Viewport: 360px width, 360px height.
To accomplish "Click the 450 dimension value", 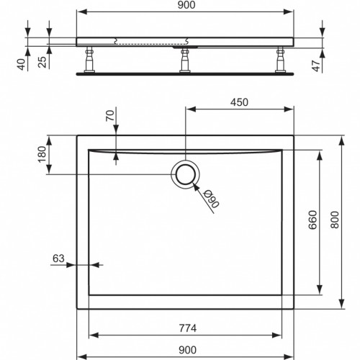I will (239, 102).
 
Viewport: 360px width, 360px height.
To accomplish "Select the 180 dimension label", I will (42, 153).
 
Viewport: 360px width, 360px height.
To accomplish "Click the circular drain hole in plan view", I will (186, 174).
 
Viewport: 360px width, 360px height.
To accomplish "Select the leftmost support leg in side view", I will (91, 60).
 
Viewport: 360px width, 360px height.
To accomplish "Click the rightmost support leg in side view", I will (276, 60).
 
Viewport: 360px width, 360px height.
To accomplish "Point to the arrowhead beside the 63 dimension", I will (85, 265).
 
